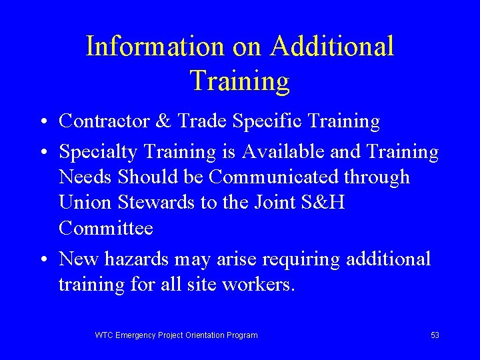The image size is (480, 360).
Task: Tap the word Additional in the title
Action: point(331,47)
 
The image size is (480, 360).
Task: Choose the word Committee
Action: point(106,228)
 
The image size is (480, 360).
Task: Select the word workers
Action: point(257,284)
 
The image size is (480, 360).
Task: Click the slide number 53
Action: point(435,335)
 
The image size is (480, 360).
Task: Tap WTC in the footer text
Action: point(105,335)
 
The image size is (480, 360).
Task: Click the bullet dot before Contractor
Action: point(42,123)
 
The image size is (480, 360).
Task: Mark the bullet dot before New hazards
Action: point(42,260)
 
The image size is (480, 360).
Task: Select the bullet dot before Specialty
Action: point(42,153)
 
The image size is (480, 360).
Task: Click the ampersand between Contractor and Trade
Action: point(162,121)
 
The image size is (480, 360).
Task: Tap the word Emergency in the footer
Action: point(136,335)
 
